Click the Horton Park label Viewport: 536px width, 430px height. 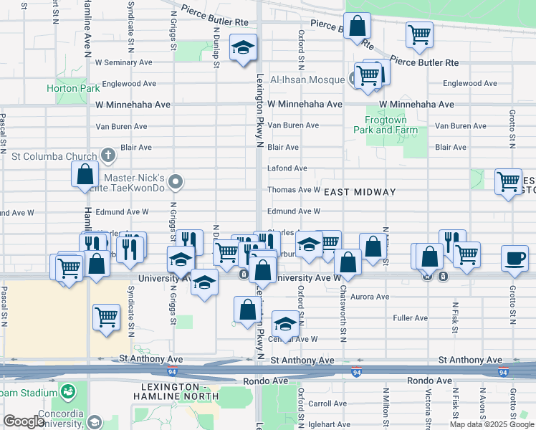pyautogui.click(x=63, y=89)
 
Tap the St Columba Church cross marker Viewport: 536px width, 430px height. pyautogui.click(x=107, y=155)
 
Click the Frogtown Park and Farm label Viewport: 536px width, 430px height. pyautogui.click(x=385, y=125)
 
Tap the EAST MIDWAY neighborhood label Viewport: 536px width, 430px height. pyautogui.click(x=360, y=192)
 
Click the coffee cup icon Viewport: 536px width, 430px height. pyautogui.click(x=514, y=259)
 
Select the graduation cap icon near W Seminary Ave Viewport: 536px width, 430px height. pyautogui.click(x=243, y=48)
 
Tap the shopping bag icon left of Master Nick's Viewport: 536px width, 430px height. pyautogui.click(x=85, y=174)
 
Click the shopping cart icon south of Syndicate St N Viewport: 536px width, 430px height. pyautogui.click(x=106, y=315)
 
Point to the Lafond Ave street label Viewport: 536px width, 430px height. pyautogui.click(x=287, y=168)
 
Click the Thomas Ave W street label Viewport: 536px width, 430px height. pyautogui.click(x=294, y=190)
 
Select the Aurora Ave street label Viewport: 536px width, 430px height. pyautogui.click(x=370, y=297)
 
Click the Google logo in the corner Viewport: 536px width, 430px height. pyautogui.click(x=24, y=422)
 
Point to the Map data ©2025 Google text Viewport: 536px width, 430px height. pyautogui.click(x=491, y=424)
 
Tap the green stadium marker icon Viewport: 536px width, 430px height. pyautogui.click(x=67, y=392)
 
